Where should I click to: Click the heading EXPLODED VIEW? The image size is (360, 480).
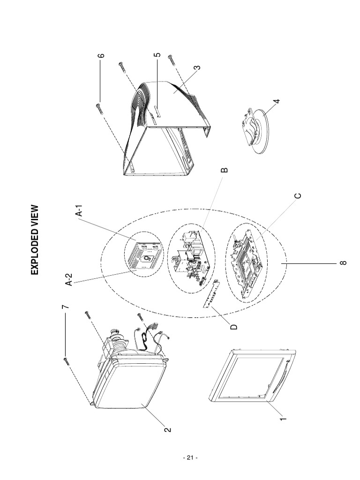coord(35,240)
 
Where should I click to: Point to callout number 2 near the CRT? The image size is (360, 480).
coord(168,429)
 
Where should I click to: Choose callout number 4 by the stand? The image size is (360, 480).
coord(277,101)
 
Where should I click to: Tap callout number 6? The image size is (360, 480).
coord(101,55)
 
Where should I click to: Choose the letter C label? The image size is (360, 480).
coord(298,195)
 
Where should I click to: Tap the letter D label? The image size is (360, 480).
coord(234,327)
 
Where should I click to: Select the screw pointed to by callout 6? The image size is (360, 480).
coord(98,107)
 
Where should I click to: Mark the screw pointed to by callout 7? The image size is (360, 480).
coord(65,362)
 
